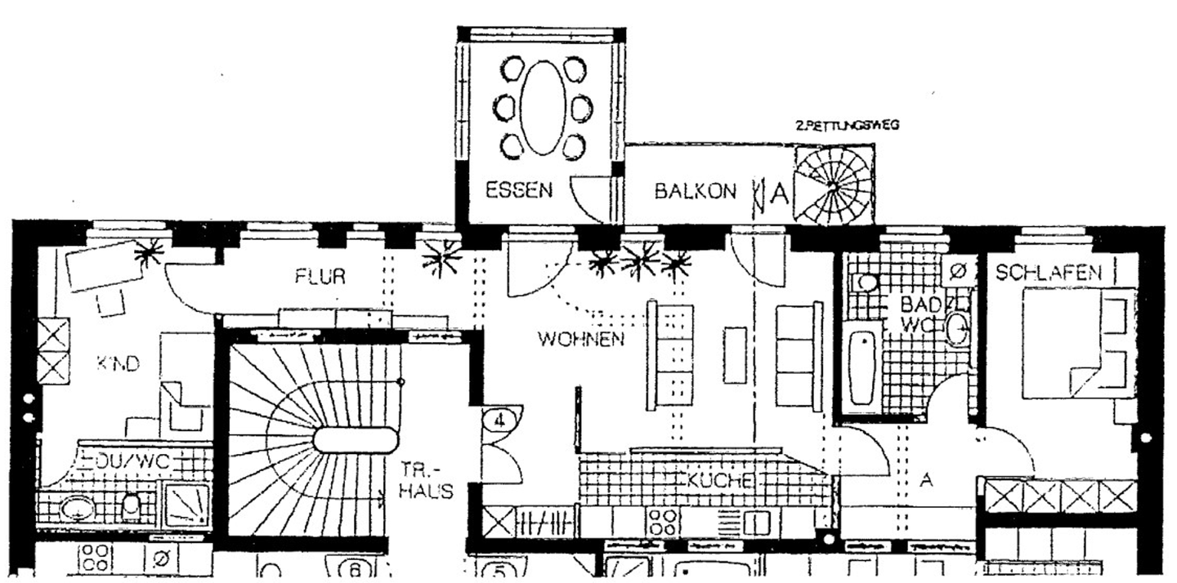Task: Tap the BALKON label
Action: (x=695, y=191)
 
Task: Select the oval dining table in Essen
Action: (x=543, y=105)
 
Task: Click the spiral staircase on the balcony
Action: (x=832, y=186)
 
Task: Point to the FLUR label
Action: (x=320, y=277)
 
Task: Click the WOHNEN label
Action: (x=580, y=338)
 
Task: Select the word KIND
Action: (x=119, y=364)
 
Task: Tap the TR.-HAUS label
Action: (x=427, y=480)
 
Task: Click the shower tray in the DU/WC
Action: (x=187, y=505)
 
